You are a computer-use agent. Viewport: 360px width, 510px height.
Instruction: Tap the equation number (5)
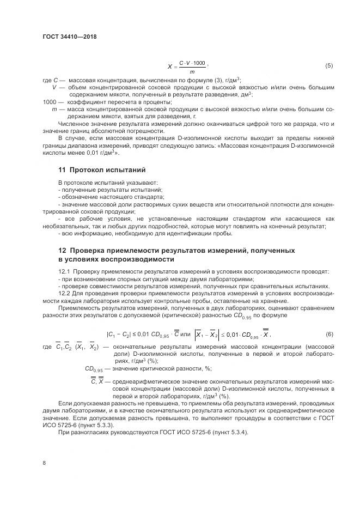(329, 66)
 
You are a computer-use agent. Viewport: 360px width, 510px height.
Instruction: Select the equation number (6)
(329, 333)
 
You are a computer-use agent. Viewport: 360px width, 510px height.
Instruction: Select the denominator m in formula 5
(192, 71)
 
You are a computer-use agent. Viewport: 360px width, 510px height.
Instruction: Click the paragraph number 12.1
(64, 271)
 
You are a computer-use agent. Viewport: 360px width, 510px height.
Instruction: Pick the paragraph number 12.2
(64, 292)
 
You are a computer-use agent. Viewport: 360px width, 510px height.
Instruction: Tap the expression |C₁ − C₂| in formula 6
(119, 333)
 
